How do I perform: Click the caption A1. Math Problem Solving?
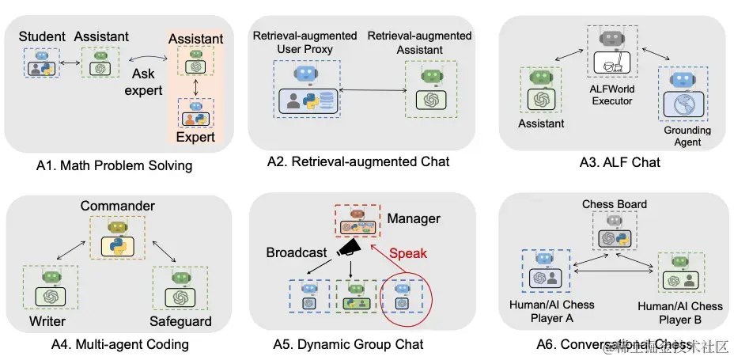click(x=114, y=165)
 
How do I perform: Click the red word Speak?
click(x=408, y=253)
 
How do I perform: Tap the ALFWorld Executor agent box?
click(x=612, y=54)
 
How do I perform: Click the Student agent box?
click(x=41, y=63)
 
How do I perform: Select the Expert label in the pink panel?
click(x=195, y=137)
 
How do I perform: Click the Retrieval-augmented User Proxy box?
click(x=307, y=89)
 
